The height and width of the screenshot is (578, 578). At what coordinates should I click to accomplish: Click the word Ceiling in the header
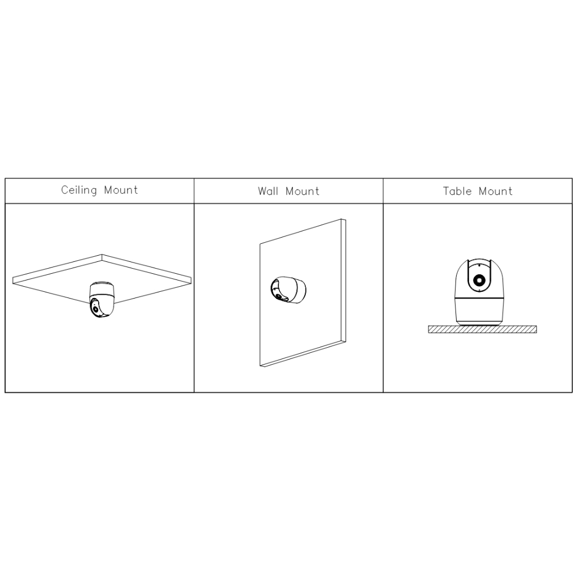(79, 190)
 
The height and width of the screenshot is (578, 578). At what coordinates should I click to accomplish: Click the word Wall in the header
(268, 191)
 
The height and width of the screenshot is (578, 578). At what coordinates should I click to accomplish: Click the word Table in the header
(457, 191)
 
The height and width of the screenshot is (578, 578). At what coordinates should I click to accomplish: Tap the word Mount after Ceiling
(121, 190)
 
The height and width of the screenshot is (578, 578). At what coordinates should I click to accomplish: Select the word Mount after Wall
(303, 191)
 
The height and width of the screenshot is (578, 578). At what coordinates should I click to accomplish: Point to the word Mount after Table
(496, 191)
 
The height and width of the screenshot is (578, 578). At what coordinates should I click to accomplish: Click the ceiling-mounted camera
(102, 299)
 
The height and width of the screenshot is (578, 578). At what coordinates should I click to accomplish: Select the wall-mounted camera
(288, 290)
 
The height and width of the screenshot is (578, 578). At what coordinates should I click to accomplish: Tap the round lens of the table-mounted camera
(479, 281)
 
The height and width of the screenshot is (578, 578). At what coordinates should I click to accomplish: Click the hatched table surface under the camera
(482, 329)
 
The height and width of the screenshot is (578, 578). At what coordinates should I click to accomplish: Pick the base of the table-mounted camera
(479, 311)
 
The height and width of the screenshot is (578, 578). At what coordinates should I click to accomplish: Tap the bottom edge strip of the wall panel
(303, 354)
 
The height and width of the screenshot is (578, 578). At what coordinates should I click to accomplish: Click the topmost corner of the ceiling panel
(102, 255)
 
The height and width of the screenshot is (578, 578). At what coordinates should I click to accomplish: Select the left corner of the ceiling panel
(14, 280)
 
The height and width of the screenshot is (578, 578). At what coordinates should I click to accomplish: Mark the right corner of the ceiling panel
(191, 280)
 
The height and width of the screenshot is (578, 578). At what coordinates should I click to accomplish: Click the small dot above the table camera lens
(479, 265)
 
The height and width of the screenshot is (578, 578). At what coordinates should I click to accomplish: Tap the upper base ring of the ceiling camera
(102, 284)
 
